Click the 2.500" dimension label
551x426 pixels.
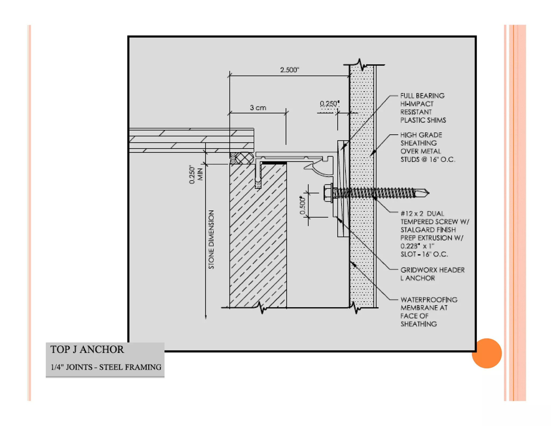coord(289,70)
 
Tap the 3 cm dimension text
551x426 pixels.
coord(258,108)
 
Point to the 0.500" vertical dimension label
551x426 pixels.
coord(303,205)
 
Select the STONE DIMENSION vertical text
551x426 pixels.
coord(211,239)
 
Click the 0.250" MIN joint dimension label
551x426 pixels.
coord(196,174)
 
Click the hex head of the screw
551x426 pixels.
coord(328,193)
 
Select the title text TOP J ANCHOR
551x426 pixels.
coord(87,350)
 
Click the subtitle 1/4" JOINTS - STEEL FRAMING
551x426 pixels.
coord(106,367)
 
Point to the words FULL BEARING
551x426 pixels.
coord(422,96)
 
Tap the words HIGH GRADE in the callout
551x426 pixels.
coord(421,135)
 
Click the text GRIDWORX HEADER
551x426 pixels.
coord(432,270)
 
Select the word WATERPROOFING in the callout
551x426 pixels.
coord(429,300)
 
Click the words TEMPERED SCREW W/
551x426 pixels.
coord(435,222)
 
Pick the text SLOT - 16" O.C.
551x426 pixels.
coord(424,254)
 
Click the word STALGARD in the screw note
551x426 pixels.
coord(418,230)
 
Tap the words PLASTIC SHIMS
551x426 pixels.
coord(423,120)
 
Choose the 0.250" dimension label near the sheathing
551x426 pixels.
coord(329,104)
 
